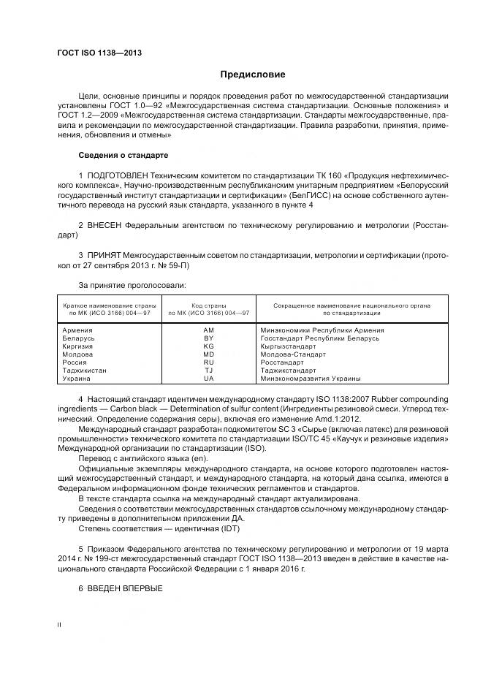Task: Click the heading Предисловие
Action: (253, 75)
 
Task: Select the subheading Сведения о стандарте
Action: (123, 156)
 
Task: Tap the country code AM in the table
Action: (208, 330)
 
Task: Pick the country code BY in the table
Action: (208, 338)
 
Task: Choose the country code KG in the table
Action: (208, 346)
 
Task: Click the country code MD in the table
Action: (208, 354)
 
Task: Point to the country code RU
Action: (208, 362)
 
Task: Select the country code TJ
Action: (208, 370)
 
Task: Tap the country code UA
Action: (208, 379)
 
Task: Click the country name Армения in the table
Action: (78, 330)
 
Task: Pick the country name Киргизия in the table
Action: (80, 346)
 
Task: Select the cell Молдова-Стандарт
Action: (292, 354)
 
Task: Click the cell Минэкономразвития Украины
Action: (311, 379)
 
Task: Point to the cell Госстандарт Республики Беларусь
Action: (320, 338)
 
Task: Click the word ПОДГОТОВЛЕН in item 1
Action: (118, 176)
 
